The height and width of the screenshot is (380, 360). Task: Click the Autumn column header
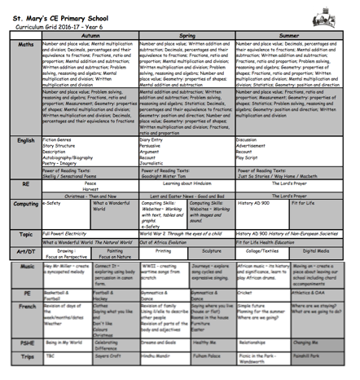pyautogui.click(x=90, y=27)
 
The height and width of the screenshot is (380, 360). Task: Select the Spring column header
pyautogui.click(x=187, y=27)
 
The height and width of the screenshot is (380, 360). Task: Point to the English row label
pyautogui.click(x=26, y=141)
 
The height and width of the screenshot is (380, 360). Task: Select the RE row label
pyautogui.click(x=26, y=184)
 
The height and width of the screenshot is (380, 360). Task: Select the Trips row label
pyautogui.click(x=26, y=356)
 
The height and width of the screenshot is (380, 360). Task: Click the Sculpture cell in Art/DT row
pyautogui.click(x=211, y=251)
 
